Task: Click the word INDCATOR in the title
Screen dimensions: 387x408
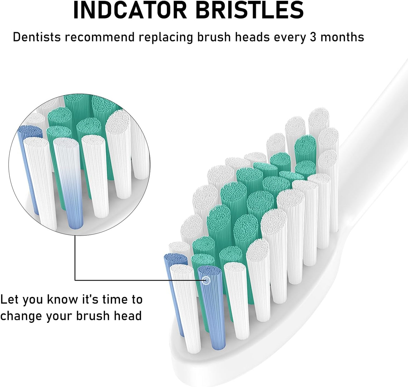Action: [x=130, y=10]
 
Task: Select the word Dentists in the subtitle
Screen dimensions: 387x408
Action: [x=37, y=37]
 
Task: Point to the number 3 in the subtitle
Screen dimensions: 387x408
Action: [x=313, y=37]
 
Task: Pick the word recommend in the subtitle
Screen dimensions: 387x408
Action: [x=100, y=37]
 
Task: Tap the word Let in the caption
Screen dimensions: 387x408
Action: [x=10, y=300]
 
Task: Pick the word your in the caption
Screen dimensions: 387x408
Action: [x=59, y=316]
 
